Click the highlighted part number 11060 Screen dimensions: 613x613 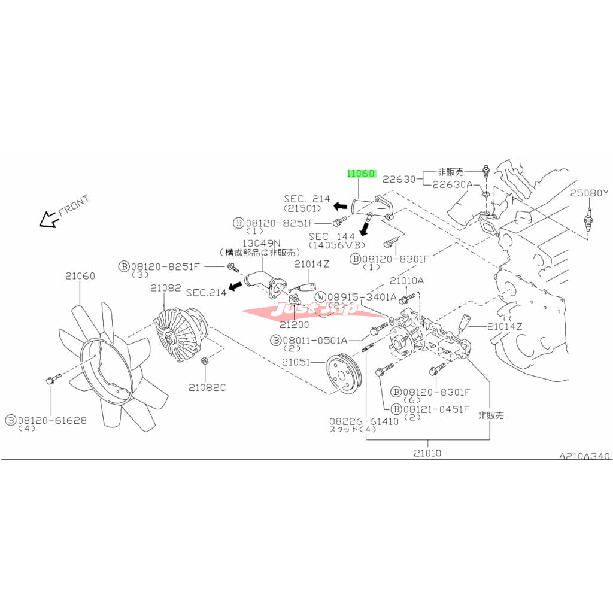click(x=361, y=174)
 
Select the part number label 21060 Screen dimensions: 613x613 click(x=80, y=276)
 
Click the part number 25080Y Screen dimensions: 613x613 click(x=588, y=193)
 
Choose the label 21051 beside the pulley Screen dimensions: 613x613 click(x=296, y=362)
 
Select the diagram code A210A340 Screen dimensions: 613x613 click(x=584, y=456)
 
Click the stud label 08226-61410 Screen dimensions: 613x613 click(x=363, y=421)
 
